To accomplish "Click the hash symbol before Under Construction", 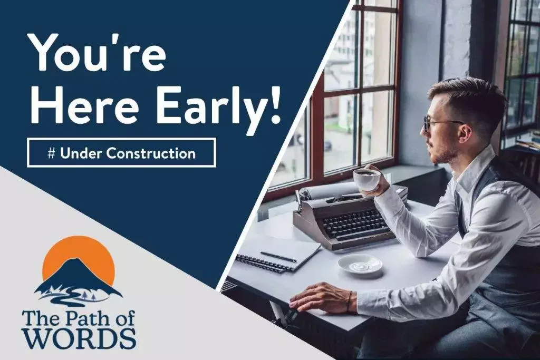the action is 51,153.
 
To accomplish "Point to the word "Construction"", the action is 150,153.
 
